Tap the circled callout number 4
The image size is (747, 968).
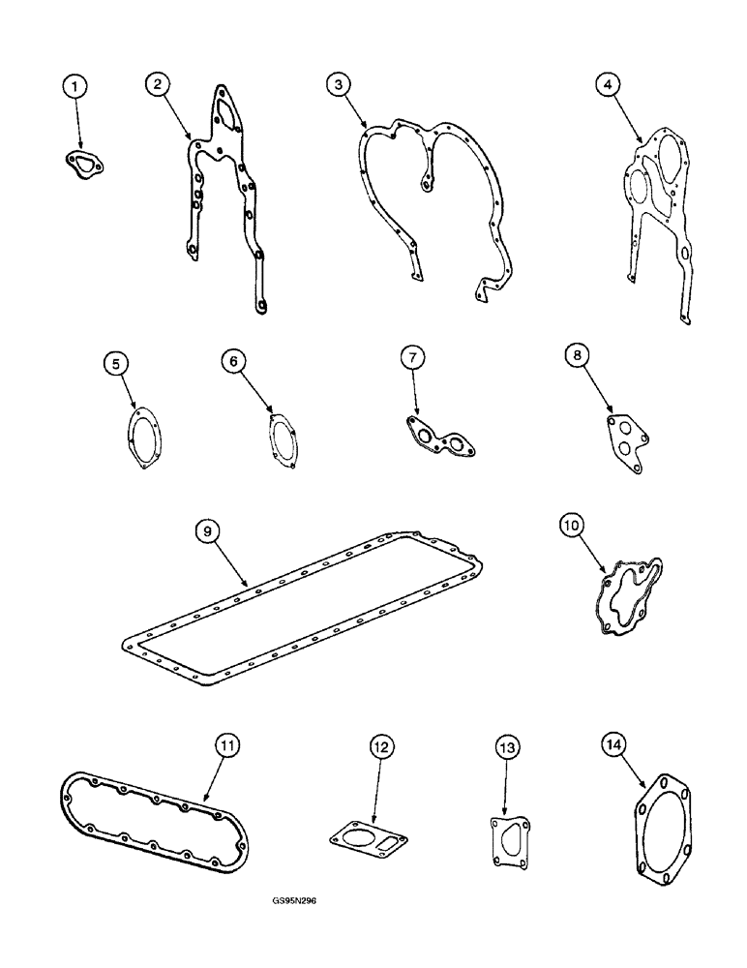pyautogui.click(x=606, y=86)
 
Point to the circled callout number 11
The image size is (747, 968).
pyautogui.click(x=226, y=745)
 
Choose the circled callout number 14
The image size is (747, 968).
pyautogui.click(x=612, y=744)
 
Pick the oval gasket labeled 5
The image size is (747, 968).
pyautogui.click(x=146, y=439)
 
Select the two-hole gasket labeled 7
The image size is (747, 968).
pyautogui.click(x=441, y=441)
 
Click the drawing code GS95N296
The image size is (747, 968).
pyautogui.click(x=295, y=899)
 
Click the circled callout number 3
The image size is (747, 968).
pyautogui.click(x=336, y=85)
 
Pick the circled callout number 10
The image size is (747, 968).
pyautogui.click(x=571, y=527)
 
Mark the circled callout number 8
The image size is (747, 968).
pyautogui.click(x=576, y=357)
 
